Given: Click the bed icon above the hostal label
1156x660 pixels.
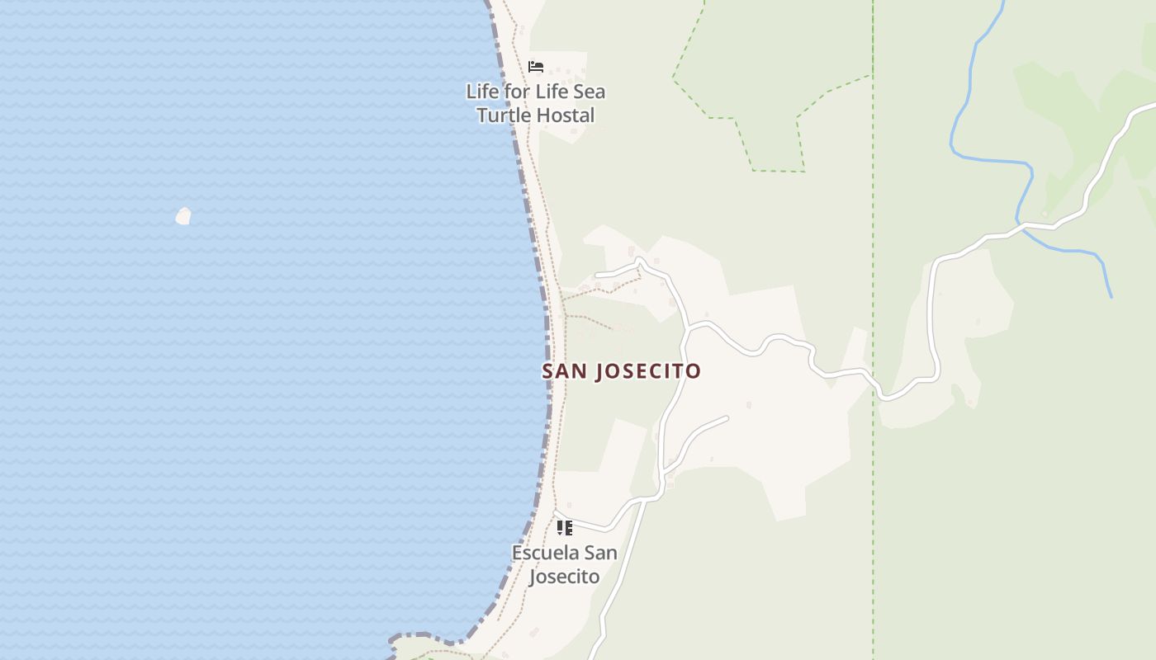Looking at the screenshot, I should click(x=536, y=67).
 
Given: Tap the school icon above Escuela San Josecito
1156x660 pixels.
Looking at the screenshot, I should click(x=564, y=528).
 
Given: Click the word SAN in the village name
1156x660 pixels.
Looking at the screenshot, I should click(x=563, y=371).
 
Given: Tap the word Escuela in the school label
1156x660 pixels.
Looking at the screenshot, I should click(x=545, y=553).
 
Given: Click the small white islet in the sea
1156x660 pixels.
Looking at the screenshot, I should click(x=183, y=216).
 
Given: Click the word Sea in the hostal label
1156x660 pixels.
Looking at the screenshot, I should click(x=589, y=92).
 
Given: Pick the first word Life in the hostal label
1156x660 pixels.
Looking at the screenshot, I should click(x=481, y=92).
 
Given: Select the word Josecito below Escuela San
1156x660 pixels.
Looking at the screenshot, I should click(x=564, y=576).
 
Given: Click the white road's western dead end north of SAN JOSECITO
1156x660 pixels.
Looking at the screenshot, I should click(x=598, y=273).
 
